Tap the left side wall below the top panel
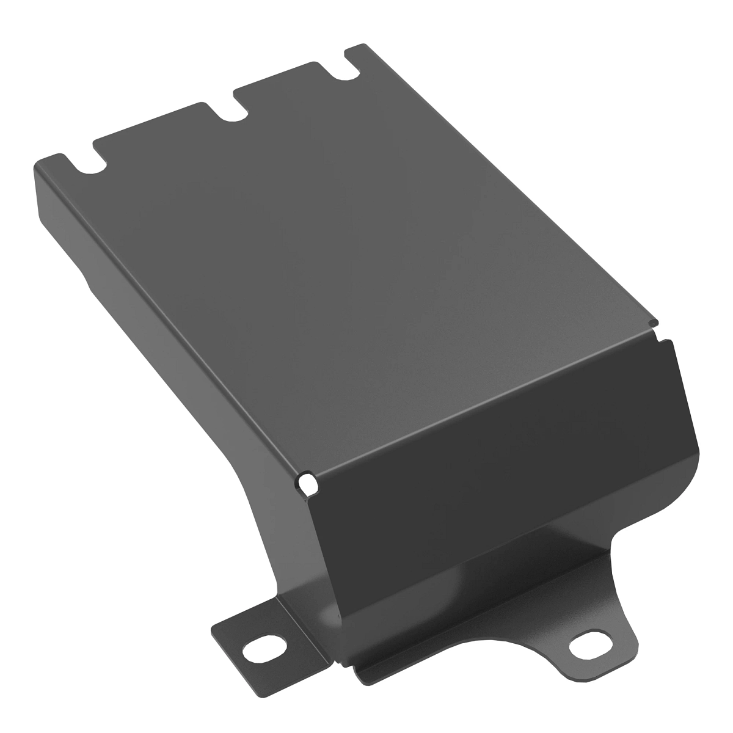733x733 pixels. click(x=159, y=342)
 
